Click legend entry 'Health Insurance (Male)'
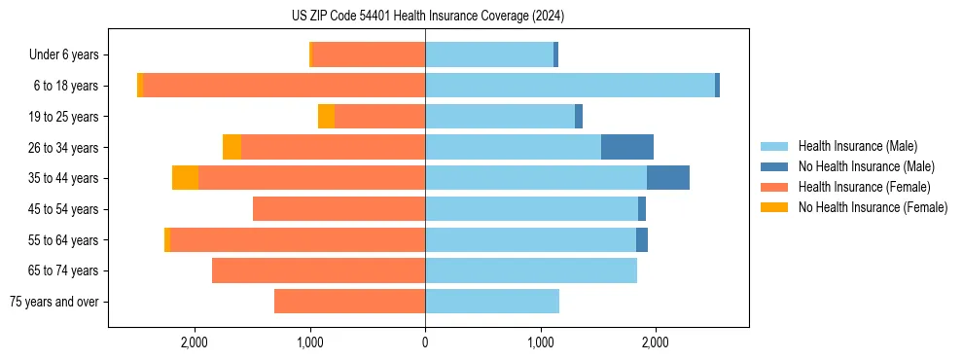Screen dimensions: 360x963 857,146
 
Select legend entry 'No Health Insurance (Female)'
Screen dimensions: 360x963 873,207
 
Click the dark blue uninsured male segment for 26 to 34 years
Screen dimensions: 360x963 627,147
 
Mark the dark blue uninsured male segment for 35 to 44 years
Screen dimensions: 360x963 668,178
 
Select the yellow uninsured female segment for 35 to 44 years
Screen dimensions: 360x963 185,178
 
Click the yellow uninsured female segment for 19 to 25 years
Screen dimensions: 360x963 326,117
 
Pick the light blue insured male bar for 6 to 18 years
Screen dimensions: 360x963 570,86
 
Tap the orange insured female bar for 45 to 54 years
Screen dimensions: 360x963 339,209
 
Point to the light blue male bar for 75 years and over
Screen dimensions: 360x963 492,302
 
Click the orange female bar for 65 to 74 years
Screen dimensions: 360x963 318,270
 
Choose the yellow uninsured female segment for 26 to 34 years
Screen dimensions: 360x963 232,147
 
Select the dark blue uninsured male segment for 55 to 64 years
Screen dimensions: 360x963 642,240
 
